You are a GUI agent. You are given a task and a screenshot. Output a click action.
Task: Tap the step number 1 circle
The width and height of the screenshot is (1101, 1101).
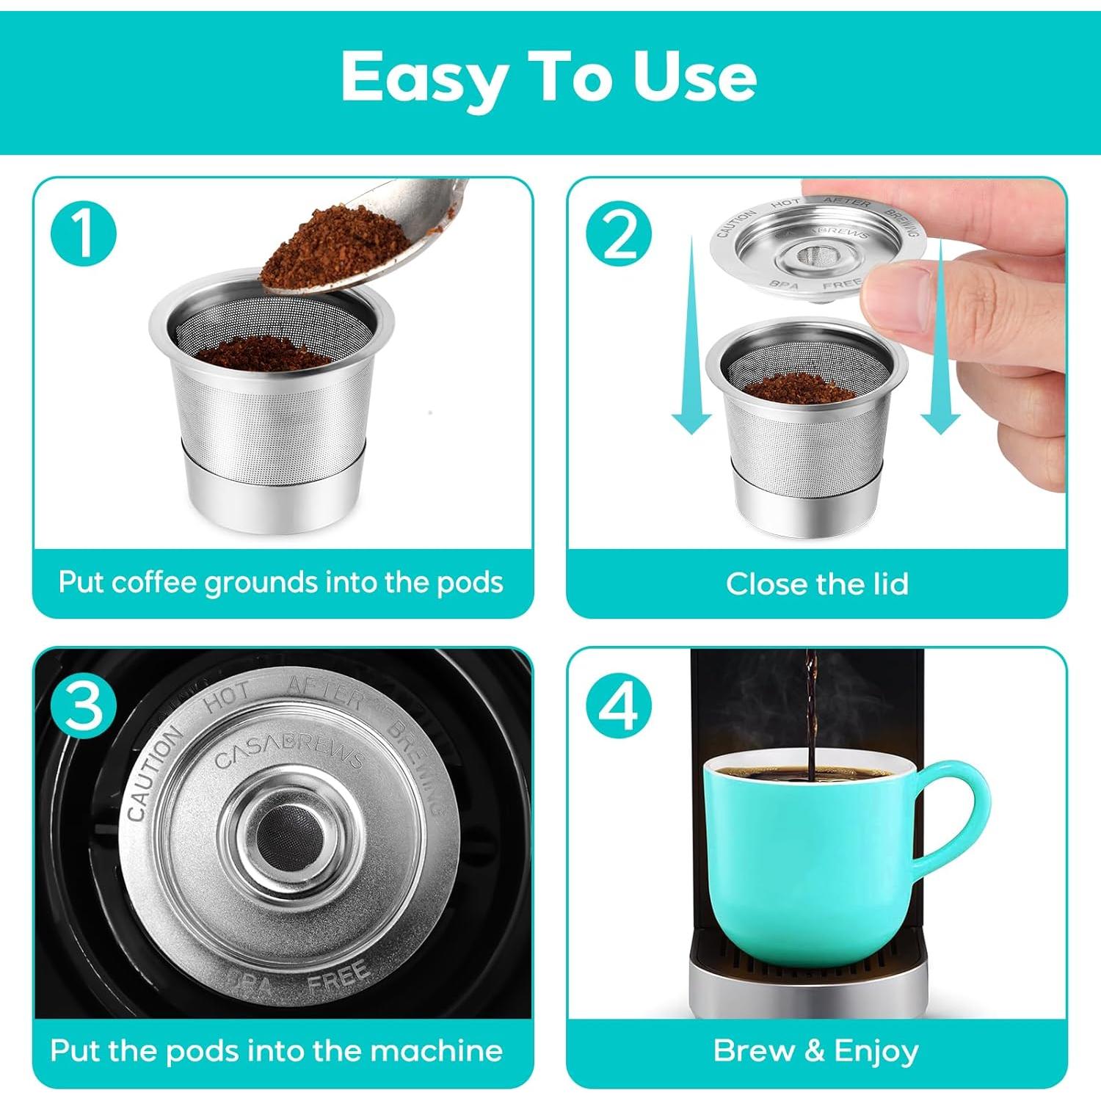click(x=84, y=233)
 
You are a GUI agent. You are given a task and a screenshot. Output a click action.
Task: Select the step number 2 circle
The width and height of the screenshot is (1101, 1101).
click(x=619, y=233)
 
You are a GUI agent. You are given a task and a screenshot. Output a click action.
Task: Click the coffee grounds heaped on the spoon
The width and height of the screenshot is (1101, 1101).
click(x=334, y=246)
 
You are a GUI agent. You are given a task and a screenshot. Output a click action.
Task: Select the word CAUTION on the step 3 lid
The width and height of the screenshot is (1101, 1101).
click(x=153, y=774)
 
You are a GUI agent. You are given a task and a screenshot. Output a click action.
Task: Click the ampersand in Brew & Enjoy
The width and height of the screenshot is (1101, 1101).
click(x=813, y=1050)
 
